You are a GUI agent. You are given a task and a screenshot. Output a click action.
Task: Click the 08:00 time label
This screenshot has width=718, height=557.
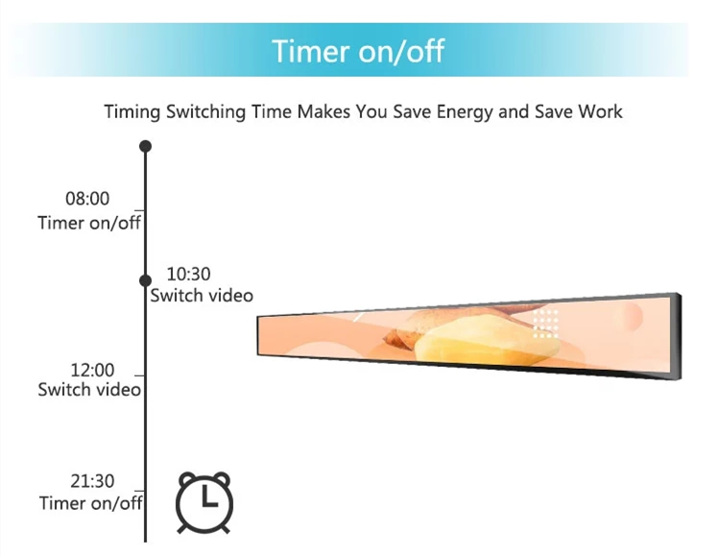click(87, 199)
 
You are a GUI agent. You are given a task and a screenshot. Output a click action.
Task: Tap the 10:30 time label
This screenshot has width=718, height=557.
click(189, 274)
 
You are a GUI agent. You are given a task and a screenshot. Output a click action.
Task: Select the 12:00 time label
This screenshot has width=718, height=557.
click(92, 370)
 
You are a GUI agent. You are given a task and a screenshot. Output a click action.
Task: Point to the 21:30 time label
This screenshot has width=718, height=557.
click(92, 481)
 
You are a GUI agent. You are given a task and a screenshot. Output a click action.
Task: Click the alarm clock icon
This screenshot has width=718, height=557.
click(204, 502)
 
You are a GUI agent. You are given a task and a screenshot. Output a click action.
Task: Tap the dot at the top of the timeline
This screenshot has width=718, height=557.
click(145, 146)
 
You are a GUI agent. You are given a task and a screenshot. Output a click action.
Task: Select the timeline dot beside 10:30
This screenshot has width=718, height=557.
click(145, 280)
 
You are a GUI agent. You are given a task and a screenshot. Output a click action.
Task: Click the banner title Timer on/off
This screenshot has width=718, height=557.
click(358, 50)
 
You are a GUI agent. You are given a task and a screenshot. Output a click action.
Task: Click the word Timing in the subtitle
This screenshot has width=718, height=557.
click(132, 112)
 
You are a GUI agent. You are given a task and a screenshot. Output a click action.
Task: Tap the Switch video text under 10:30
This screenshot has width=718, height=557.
click(202, 296)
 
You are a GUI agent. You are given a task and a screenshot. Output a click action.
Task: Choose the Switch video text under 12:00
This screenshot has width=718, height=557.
click(89, 389)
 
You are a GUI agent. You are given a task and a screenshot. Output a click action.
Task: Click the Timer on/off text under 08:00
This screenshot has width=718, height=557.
click(89, 223)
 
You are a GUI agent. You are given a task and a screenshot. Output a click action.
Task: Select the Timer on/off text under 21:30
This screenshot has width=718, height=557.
click(90, 503)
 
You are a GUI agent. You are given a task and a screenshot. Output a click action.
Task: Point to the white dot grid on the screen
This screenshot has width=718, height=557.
click(545, 324)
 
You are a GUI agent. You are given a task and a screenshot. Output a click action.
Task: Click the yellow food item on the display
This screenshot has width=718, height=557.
click(487, 341)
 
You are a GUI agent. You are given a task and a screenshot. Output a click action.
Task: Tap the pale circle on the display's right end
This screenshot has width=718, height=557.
click(633, 316)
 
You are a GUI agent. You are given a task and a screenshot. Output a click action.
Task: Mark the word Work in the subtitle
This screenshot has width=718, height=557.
click(600, 111)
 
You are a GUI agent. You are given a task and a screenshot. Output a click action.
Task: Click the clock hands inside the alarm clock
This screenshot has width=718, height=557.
click(208, 496)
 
